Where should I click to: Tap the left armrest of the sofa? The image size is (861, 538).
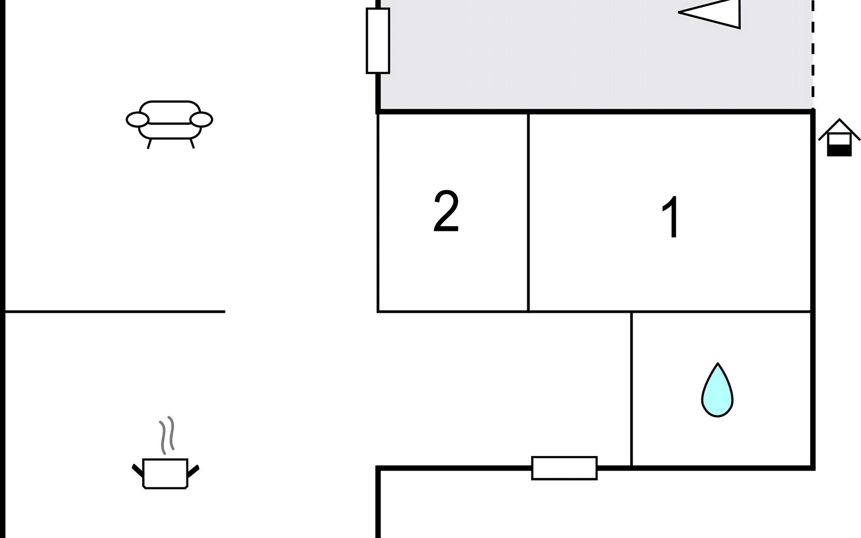(x=137, y=120)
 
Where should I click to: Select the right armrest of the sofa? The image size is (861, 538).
(x=201, y=120)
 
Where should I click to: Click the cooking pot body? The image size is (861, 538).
(x=165, y=473)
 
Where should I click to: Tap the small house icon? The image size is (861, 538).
(x=839, y=138)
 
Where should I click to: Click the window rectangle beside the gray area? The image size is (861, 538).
(x=378, y=41)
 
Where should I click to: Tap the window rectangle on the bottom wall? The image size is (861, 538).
(x=564, y=468)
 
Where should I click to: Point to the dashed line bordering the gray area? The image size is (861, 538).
(x=813, y=54)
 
